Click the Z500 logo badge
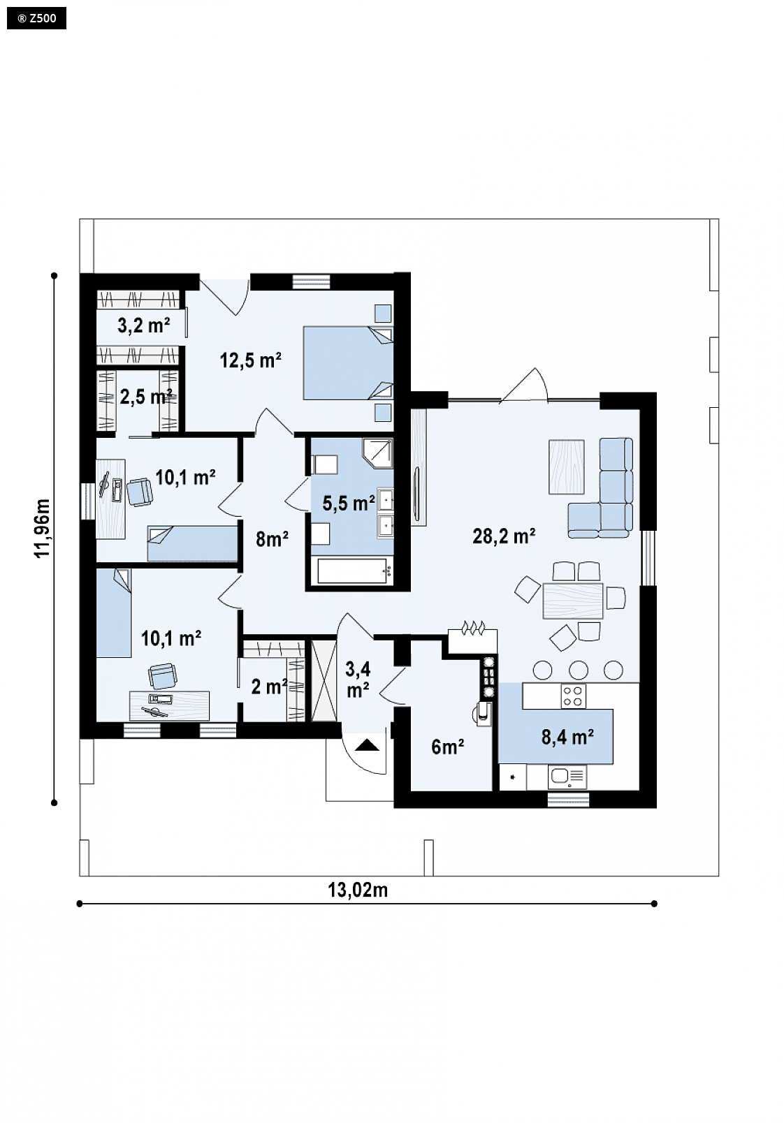pos(36,19)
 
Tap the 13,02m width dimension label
pos(358,890)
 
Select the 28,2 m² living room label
pos(504,536)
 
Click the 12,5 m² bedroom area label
pos(250,360)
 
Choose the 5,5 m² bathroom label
pos(349,503)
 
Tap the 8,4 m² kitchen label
pos(568,737)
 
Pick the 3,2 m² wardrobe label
pos(144,325)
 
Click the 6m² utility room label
pos(447,747)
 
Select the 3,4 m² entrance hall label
pos(358,680)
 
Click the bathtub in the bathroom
pos(352,571)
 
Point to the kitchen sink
pos(568,777)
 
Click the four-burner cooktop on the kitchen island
pos(573,696)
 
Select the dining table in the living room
pos(573,601)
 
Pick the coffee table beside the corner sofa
pos(566,467)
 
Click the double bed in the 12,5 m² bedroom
pos(348,363)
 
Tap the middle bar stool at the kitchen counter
pos(579,670)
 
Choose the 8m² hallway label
pos(272,539)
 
